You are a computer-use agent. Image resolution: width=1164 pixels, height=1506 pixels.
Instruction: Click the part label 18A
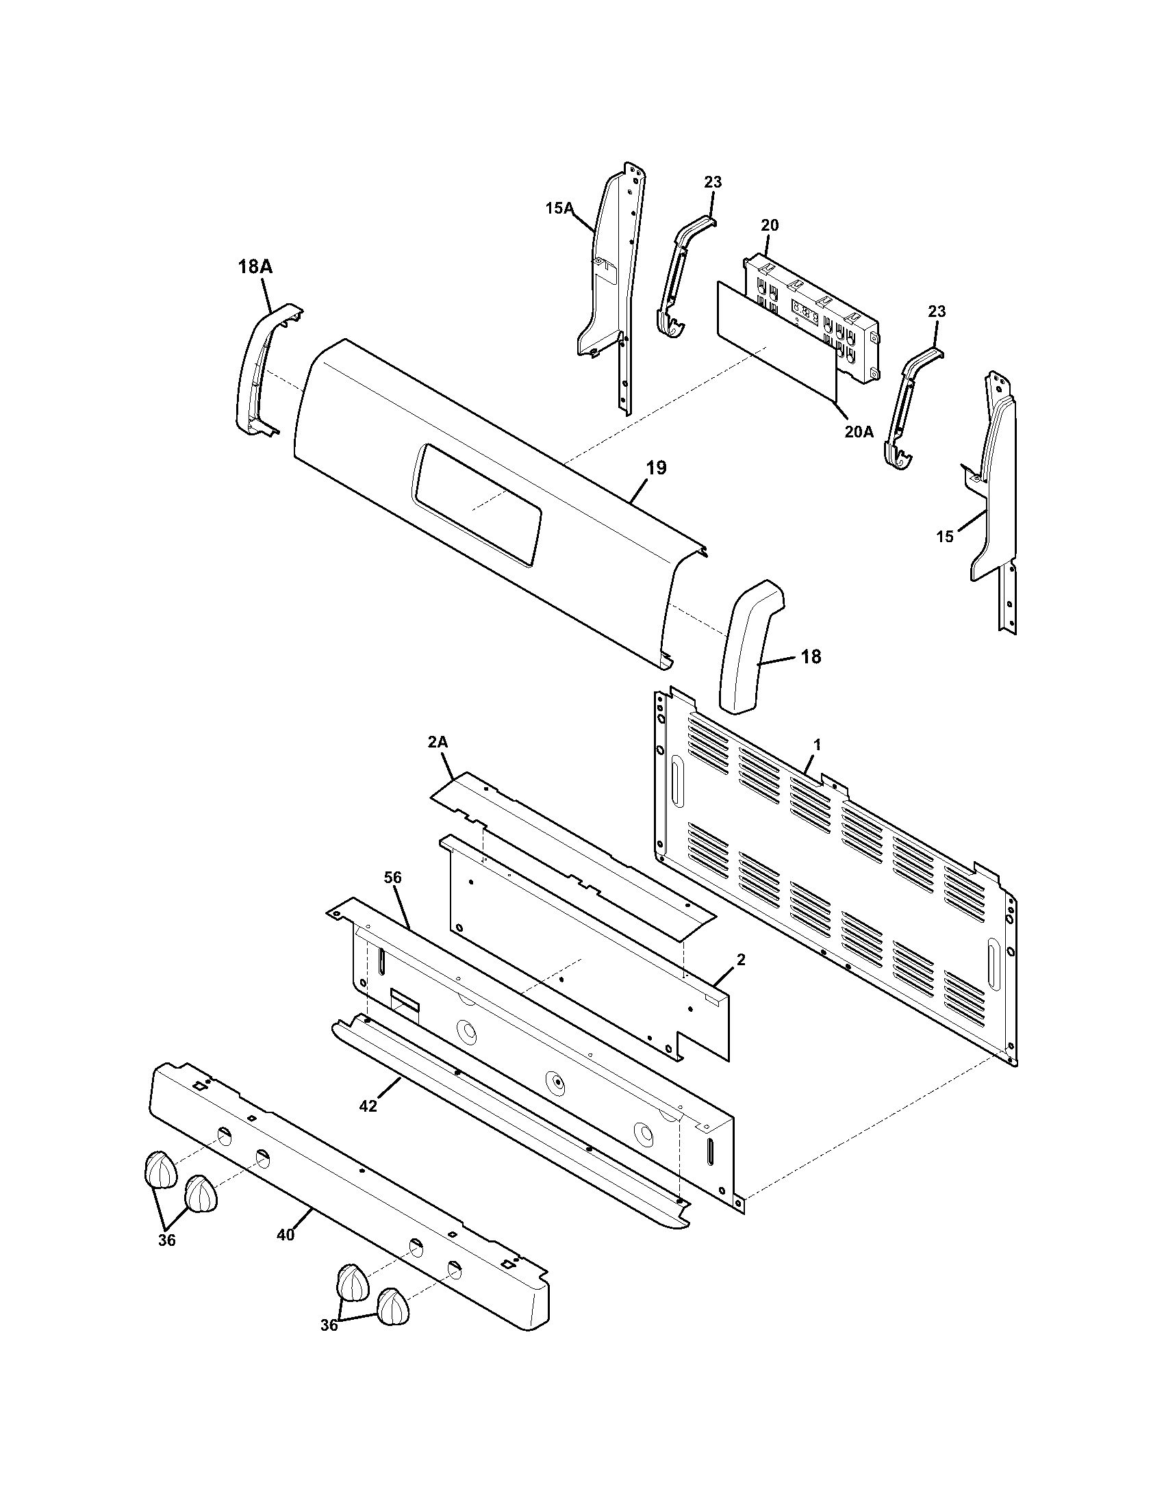point(255,267)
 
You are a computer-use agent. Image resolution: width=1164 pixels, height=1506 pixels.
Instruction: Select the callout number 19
point(656,468)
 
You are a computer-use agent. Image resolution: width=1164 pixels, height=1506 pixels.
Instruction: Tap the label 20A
point(859,433)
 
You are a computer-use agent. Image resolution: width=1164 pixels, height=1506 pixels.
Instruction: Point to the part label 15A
point(559,207)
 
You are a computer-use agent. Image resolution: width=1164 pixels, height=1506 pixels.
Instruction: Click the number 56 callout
point(393,878)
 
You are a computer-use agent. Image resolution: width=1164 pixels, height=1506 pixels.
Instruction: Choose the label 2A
point(438,742)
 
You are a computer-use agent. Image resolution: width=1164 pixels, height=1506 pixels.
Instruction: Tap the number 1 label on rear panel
point(817,745)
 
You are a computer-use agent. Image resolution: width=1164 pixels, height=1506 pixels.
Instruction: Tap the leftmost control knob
point(160,1169)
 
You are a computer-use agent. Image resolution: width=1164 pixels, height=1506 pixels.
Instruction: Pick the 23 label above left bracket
point(713,182)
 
